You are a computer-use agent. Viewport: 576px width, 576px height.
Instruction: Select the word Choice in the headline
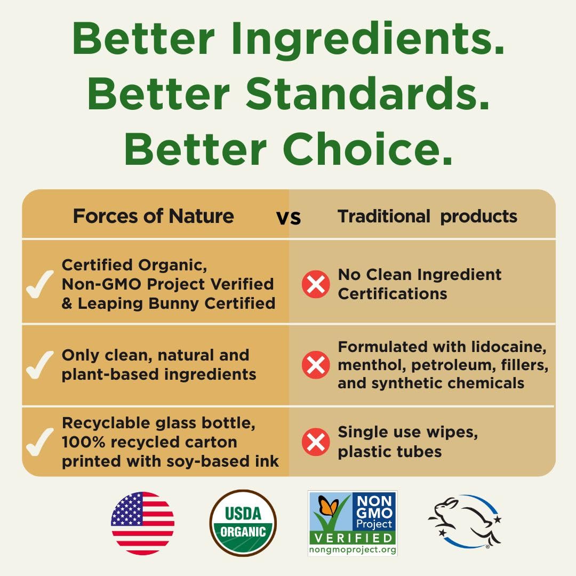pyautogui.click(x=367, y=148)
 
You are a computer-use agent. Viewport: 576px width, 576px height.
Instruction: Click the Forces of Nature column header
pyautogui.click(x=154, y=215)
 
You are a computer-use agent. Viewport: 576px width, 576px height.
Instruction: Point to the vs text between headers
pyautogui.click(x=289, y=218)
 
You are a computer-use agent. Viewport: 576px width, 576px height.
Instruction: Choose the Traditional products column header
pyautogui.click(x=427, y=217)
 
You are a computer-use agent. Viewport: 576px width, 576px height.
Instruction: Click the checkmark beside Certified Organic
pyautogui.click(x=39, y=284)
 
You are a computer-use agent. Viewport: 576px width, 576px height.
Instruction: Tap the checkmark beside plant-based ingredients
pyautogui.click(x=39, y=365)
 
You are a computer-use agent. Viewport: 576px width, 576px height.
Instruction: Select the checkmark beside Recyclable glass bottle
pyautogui.click(x=39, y=442)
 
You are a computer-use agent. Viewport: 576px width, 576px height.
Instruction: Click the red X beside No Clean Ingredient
pyautogui.click(x=316, y=284)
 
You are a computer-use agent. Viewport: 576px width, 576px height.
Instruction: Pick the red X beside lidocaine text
pyautogui.click(x=316, y=365)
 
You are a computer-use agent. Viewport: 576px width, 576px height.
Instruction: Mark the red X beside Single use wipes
pyautogui.click(x=316, y=442)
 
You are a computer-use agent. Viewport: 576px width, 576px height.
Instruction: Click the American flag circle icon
pyautogui.click(x=142, y=523)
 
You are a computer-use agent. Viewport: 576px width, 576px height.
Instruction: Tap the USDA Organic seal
pyautogui.click(x=243, y=523)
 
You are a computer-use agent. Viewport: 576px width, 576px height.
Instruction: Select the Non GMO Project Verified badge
pyautogui.click(x=353, y=523)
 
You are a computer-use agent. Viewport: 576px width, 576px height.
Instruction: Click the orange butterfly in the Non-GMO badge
pyautogui.click(x=328, y=505)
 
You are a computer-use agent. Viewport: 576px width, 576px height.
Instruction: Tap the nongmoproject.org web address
pyautogui.click(x=353, y=549)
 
